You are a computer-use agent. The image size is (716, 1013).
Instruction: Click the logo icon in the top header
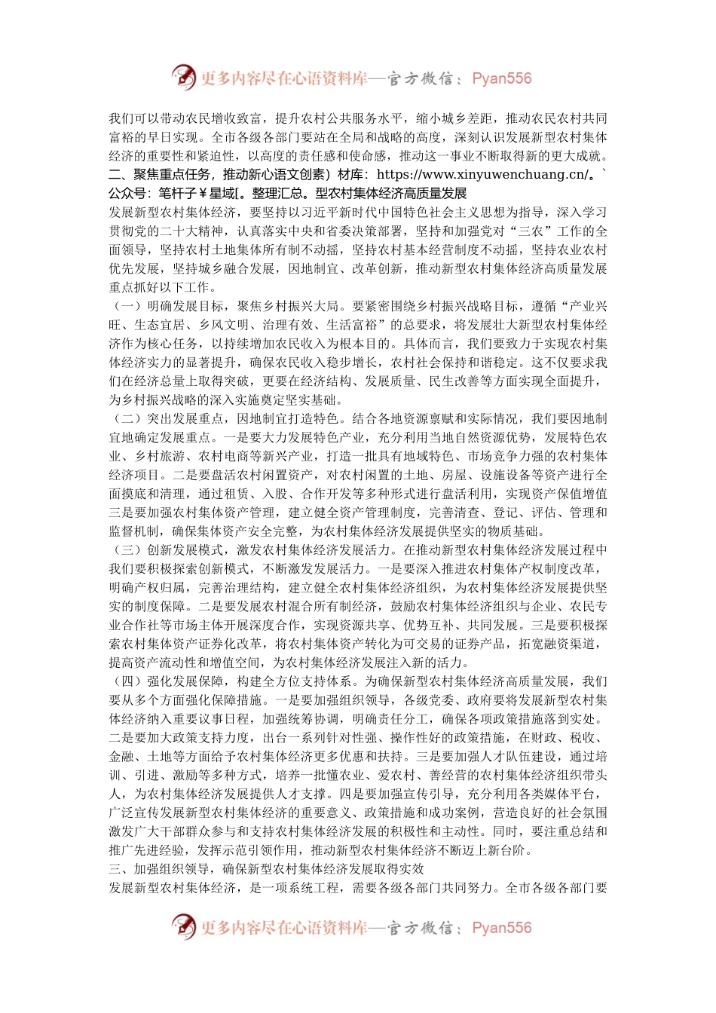pos(183,78)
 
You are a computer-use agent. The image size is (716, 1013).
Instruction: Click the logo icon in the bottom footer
pos(183,927)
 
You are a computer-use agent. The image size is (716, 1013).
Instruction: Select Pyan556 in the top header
pos(501,78)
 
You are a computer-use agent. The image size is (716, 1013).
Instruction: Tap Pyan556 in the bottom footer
pos(501,928)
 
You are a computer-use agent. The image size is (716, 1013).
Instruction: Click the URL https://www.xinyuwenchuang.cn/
pos(482,175)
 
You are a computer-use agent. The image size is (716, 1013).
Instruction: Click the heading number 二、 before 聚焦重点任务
pos(121,175)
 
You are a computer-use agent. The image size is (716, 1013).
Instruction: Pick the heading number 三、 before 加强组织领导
pos(121,869)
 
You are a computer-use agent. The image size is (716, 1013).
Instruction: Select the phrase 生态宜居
pos(160,325)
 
